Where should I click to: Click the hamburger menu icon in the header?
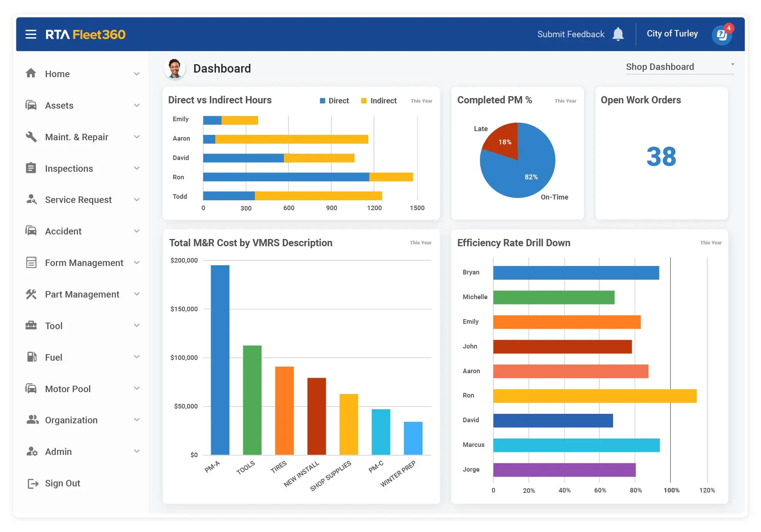pyautogui.click(x=31, y=35)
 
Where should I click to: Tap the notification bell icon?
pyautogui.click(x=618, y=34)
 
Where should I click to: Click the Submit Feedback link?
pyautogui.click(x=570, y=34)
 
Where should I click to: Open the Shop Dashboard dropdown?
pyautogui.click(x=680, y=67)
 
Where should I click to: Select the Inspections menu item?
pyautogui.click(x=69, y=168)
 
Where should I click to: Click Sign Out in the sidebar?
pyautogui.click(x=62, y=483)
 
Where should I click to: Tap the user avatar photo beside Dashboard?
pyautogui.click(x=175, y=69)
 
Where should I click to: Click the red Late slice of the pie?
pyautogui.click(x=503, y=141)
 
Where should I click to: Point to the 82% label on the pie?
pyautogui.click(x=531, y=177)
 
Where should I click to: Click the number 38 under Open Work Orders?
pyautogui.click(x=661, y=157)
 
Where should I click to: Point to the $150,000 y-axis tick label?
pyautogui.click(x=184, y=309)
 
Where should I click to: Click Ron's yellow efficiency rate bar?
pyautogui.click(x=594, y=396)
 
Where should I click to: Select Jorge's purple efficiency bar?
pyautogui.click(x=564, y=470)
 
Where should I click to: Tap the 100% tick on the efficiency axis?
pyautogui.click(x=671, y=490)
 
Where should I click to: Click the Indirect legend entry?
pyautogui.click(x=379, y=101)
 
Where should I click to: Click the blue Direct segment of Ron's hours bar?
pyautogui.click(x=285, y=177)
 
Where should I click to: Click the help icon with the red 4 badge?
pyautogui.click(x=721, y=35)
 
